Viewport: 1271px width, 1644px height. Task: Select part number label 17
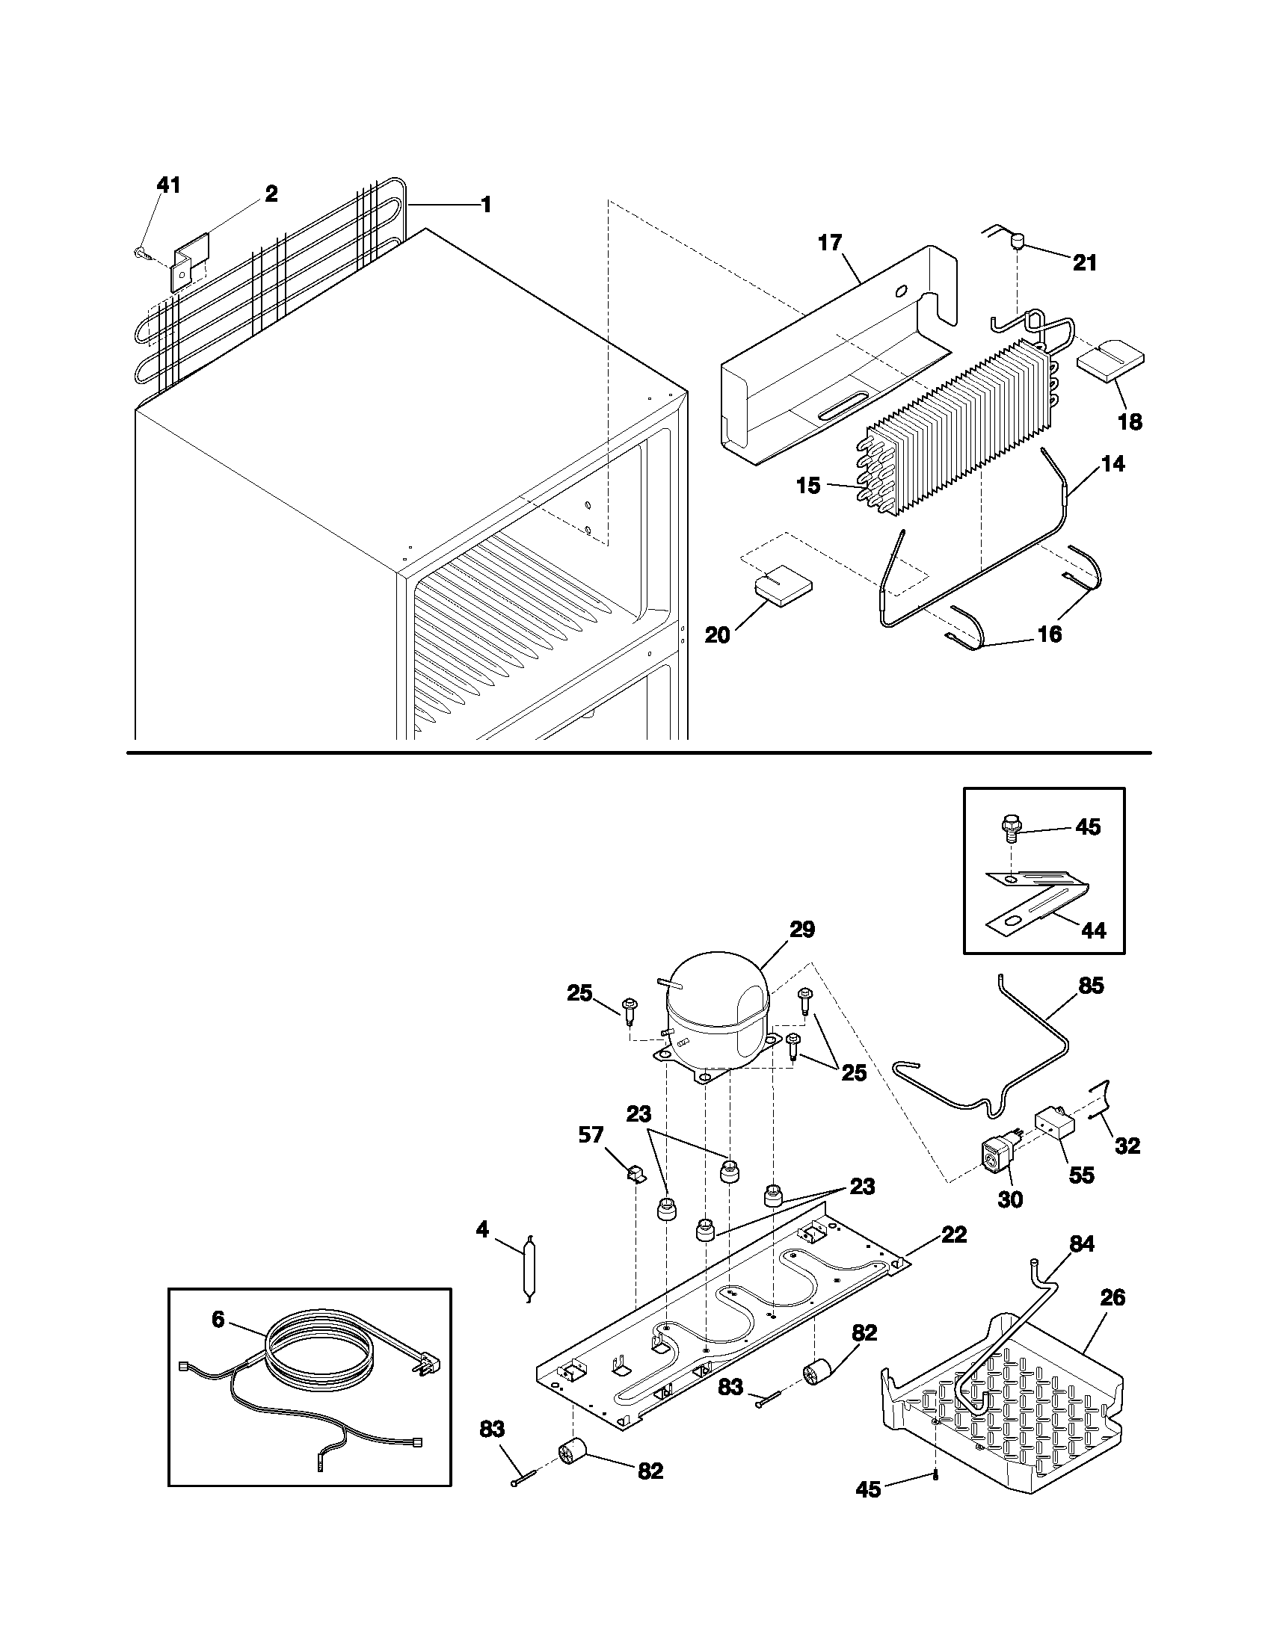830,243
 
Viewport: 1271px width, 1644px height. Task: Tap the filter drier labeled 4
528,1272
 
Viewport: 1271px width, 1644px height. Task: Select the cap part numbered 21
1018,241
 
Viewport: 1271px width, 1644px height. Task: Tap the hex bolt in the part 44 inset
1010,828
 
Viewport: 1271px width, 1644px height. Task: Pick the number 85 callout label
1090,986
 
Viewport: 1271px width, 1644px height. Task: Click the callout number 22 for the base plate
954,1234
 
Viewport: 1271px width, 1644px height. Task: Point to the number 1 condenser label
486,204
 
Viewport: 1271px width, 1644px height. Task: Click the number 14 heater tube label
1113,465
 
